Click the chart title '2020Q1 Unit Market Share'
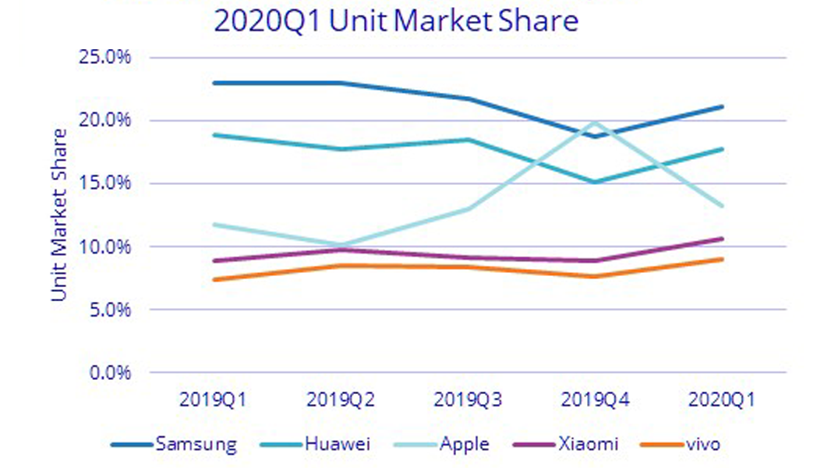pos(396,20)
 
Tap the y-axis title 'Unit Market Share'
pos(59,214)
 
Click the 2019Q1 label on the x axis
pos(213,401)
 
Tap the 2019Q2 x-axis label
pos(341,401)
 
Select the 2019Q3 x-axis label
pos(468,401)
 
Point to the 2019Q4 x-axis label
pos(595,401)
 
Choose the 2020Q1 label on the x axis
pos(722,401)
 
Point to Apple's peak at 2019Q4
pos(596,122)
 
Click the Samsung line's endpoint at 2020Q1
pos(723,107)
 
